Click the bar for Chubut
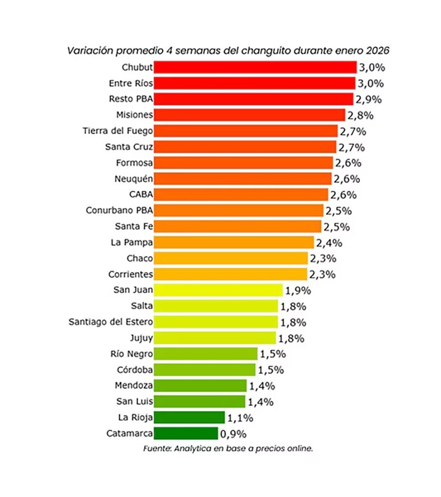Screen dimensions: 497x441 tap(255, 67)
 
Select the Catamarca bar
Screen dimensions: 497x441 tap(186, 433)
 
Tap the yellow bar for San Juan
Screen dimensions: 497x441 tap(218, 290)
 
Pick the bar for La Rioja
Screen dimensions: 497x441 tap(189, 418)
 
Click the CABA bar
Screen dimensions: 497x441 tap(241, 194)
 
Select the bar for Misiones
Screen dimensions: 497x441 tap(249, 115)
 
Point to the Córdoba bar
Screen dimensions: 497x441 tap(204, 369)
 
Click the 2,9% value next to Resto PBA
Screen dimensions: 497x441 tap(368, 100)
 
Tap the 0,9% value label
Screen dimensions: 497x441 tap(233, 434)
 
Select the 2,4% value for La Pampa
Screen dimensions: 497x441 tap(329, 242)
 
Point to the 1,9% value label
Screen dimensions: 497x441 tap(298, 290)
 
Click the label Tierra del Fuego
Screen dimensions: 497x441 tap(118, 131)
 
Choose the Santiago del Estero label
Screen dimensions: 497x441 tap(111, 322)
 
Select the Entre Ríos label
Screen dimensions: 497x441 tap(131, 83)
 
